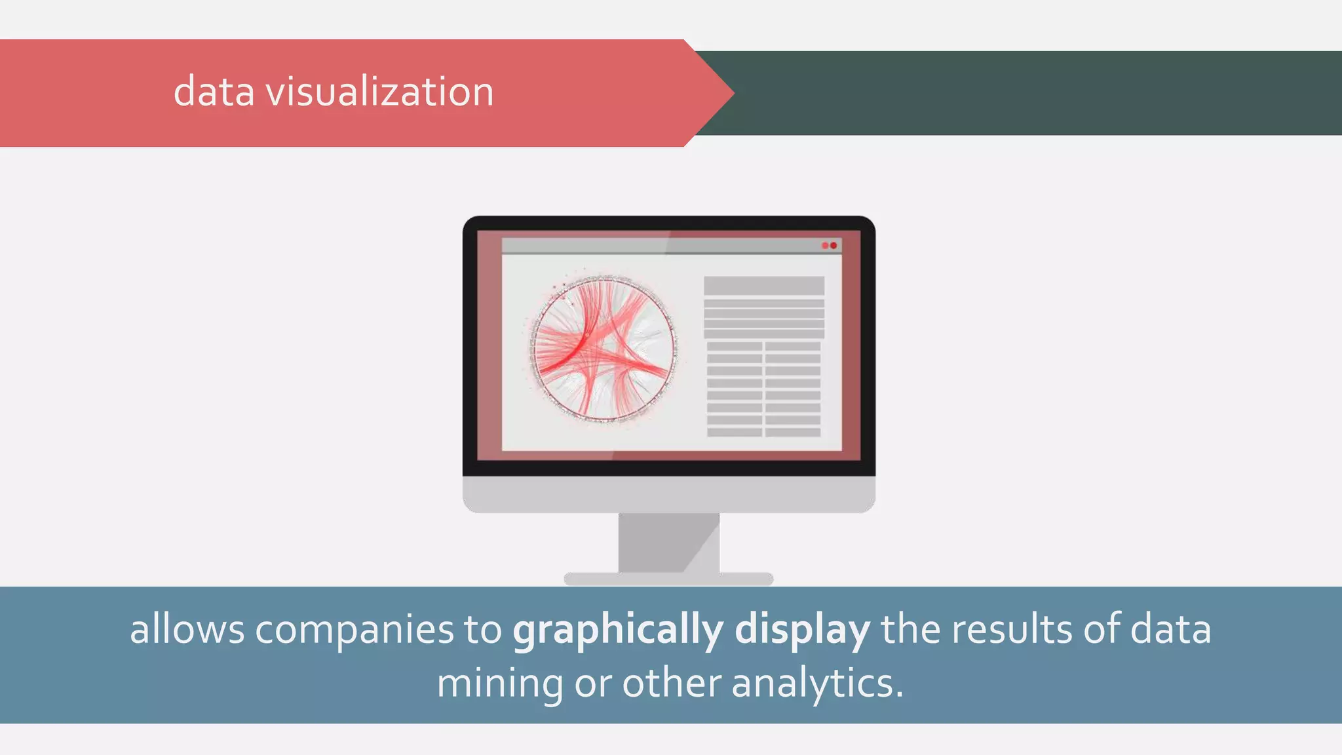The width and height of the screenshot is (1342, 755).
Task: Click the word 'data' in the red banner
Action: [x=214, y=92]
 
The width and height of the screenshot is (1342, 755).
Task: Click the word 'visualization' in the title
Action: [x=379, y=92]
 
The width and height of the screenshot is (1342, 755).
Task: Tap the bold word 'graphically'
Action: [x=618, y=630]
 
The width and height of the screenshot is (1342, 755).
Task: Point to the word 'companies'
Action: [x=354, y=630]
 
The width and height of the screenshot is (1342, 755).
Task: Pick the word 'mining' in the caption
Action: [x=499, y=684]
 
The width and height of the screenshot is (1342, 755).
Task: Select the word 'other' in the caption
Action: [x=671, y=684]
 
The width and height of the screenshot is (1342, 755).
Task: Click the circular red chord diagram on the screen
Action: [x=603, y=349]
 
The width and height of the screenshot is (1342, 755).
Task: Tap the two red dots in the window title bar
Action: [x=829, y=246]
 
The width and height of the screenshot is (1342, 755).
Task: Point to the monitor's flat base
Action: [x=668, y=579]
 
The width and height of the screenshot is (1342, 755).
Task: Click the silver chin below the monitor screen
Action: [x=668, y=494]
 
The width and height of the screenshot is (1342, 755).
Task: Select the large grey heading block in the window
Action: [x=764, y=286]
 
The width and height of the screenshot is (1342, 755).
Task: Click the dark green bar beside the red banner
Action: [x=1035, y=93]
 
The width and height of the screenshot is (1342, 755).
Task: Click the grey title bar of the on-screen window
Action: [x=655, y=246]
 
